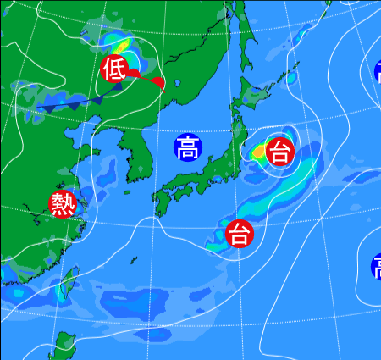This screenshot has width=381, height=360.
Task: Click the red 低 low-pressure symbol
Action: point(114,69)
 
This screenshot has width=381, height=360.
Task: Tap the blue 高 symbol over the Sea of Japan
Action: point(188,148)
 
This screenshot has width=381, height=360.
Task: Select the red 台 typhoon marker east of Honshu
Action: point(279,152)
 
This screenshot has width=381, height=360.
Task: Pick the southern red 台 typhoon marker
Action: point(240,232)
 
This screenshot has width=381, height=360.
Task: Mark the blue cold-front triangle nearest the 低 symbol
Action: point(99,99)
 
